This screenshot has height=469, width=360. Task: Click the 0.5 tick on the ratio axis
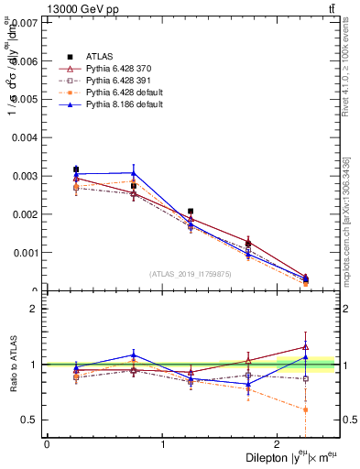coord(30,420)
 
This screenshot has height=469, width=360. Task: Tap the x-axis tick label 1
coord(163,444)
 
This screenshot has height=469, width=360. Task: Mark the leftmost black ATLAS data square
coord(76,169)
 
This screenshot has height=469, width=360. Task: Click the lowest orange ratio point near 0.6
coord(305,409)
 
